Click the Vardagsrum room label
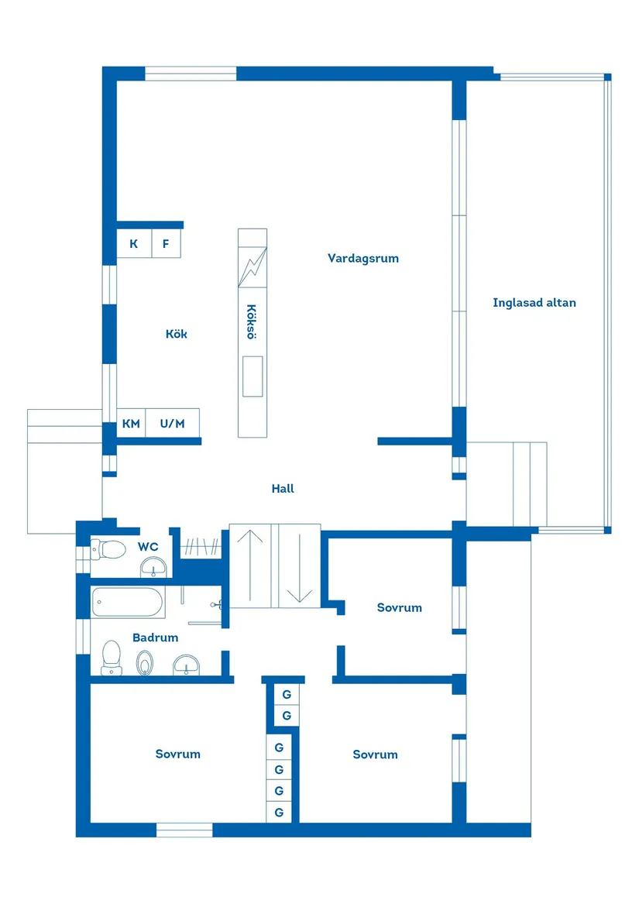pyautogui.click(x=362, y=258)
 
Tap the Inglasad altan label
pyautogui.click(x=534, y=303)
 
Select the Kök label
pyautogui.click(x=176, y=334)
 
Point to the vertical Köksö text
pyautogui.click(x=251, y=321)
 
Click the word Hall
pyautogui.click(x=283, y=489)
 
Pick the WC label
pyautogui.click(x=148, y=546)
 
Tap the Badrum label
pyautogui.click(x=155, y=638)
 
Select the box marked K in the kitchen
pyautogui.click(x=133, y=244)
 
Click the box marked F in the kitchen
pyautogui.click(x=166, y=244)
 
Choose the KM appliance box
pyautogui.click(x=131, y=424)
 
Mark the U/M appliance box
pyautogui.click(x=173, y=424)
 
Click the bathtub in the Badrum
pyautogui.click(x=127, y=601)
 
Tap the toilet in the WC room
pyautogui.click(x=109, y=550)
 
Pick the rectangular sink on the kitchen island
pyautogui.click(x=252, y=376)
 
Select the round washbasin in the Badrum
pyautogui.click(x=186, y=664)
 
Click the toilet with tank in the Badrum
pyautogui.click(x=112, y=657)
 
